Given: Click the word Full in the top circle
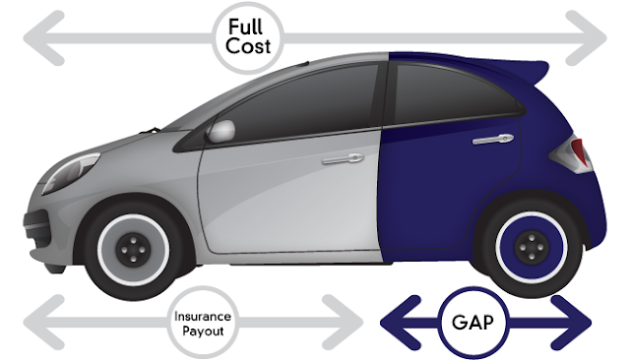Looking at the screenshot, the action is pyautogui.click(x=245, y=27).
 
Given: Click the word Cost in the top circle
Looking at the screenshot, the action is pyautogui.click(x=248, y=46).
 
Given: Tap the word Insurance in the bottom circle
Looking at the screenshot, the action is pyautogui.click(x=203, y=317).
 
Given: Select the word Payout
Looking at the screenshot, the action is pyautogui.click(x=203, y=330).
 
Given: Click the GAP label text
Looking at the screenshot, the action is pyautogui.click(x=472, y=323).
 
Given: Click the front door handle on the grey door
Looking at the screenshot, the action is pyautogui.click(x=343, y=158).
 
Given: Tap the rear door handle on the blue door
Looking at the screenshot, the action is pyautogui.click(x=493, y=139).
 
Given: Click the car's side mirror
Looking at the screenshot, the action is pyautogui.click(x=220, y=131).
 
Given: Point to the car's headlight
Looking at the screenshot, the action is pyautogui.click(x=71, y=172).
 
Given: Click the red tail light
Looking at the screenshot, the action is pyautogui.click(x=578, y=151).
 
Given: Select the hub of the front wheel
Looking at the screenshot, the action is pyautogui.click(x=133, y=250).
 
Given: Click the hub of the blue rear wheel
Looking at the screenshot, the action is pyautogui.click(x=532, y=247).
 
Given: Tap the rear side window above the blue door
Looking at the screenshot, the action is pyautogui.click(x=454, y=94).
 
